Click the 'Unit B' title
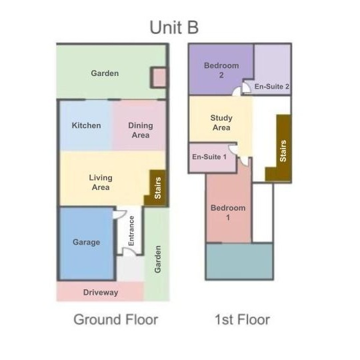(x=174, y=27)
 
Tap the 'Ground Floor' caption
(x=116, y=319)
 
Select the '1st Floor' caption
(x=242, y=319)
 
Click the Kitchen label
(x=86, y=125)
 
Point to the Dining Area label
(x=141, y=130)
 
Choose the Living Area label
(x=101, y=183)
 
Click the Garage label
(x=86, y=242)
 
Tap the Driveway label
(x=101, y=293)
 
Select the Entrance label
(x=131, y=231)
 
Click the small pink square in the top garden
(x=159, y=77)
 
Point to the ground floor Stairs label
(x=158, y=188)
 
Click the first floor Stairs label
(x=283, y=151)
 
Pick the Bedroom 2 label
(x=221, y=70)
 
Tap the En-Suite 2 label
(x=271, y=87)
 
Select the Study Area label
(x=221, y=123)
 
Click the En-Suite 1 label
(x=209, y=157)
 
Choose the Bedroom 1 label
(x=228, y=213)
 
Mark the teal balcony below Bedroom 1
(x=239, y=261)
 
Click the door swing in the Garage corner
(x=119, y=214)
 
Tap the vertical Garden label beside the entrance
(x=158, y=259)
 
